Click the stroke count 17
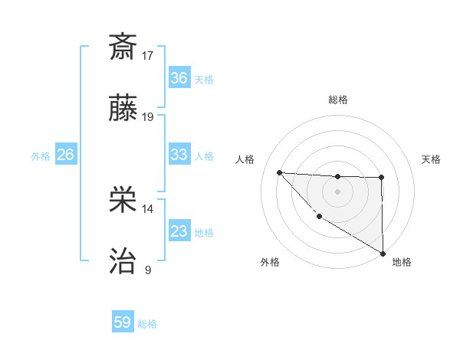pos(148,55)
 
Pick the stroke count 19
pos(148,117)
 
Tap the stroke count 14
pos(148,208)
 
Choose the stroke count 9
pos(148,270)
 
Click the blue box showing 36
pos(179,78)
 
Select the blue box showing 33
pos(179,155)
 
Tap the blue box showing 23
pos(179,231)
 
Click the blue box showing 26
pos(65,155)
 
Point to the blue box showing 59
pos(123,322)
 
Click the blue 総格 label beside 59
pos(147,324)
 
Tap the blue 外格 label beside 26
pos(41,156)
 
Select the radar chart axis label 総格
pos(337,100)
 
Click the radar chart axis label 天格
pos(432,159)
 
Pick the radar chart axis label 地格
pos(402,263)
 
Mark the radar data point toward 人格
pos(279,172)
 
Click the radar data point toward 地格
pos(383,253)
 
